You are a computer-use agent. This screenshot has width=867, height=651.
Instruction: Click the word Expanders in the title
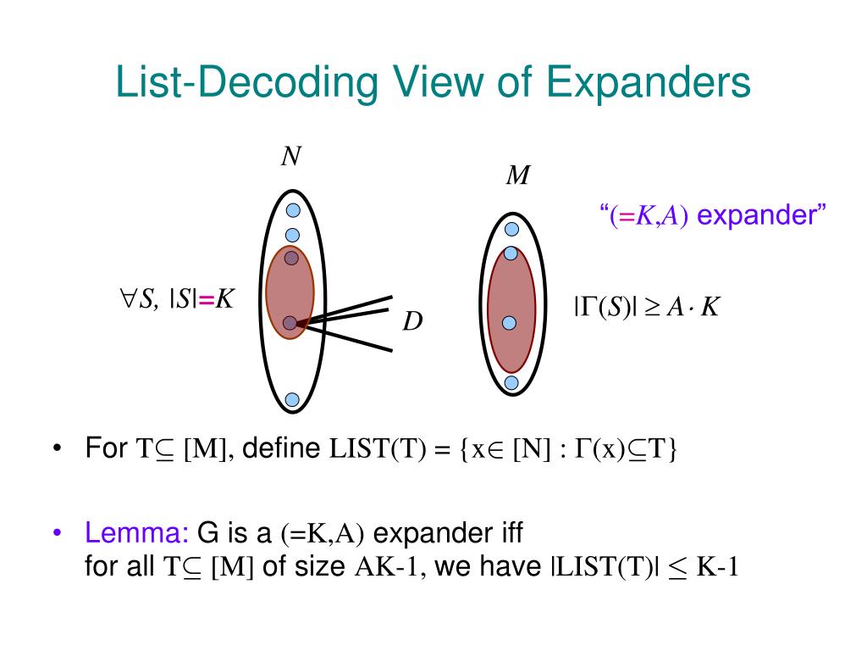[x=649, y=84]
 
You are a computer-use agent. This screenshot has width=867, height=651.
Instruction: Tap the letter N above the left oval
[x=291, y=159]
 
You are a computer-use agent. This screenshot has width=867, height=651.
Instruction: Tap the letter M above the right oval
[x=517, y=175]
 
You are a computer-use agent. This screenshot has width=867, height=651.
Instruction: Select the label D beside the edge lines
[x=412, y=322]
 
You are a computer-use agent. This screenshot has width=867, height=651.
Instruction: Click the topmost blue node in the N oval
[x=292, y=211]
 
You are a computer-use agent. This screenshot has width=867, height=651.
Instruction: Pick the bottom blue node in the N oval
[x=292, y=398]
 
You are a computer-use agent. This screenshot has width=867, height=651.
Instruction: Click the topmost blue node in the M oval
[x=511, y=229]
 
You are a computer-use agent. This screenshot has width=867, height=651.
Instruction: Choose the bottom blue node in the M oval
[x=511, y=382]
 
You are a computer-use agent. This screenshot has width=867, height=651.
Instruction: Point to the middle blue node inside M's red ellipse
[x=510, y=322]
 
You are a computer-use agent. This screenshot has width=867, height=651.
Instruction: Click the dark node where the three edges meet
[x=290, y=322]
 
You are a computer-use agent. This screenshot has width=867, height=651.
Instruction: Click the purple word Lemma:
[x=137, y=533]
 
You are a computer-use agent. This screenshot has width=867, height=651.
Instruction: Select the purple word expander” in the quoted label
[x=761, y=215]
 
